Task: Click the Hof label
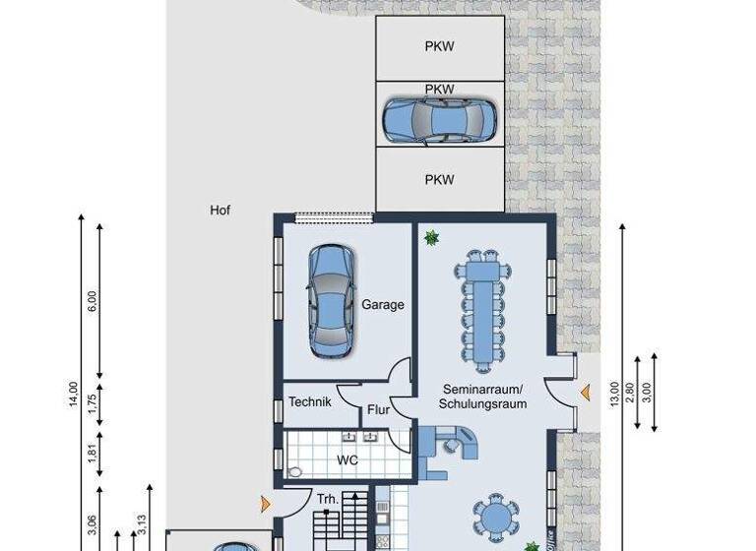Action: [220, 211]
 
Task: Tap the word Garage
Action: [382, 305]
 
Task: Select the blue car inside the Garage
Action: [331, 300]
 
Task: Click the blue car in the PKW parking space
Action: [439, 120]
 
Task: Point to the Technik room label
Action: [309, 402]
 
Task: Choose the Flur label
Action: [379, 410]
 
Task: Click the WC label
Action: [347, 459]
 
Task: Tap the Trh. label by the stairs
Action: [328, 500]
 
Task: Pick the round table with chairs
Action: [494, 517]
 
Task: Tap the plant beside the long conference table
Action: [431, 237]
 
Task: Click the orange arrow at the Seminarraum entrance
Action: [586, 394]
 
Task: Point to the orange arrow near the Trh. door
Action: [264, 505]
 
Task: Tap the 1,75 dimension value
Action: [94, 404]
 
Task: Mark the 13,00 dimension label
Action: [615, 394]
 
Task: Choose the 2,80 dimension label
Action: [632, 394]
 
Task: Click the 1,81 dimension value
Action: [94, 458]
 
